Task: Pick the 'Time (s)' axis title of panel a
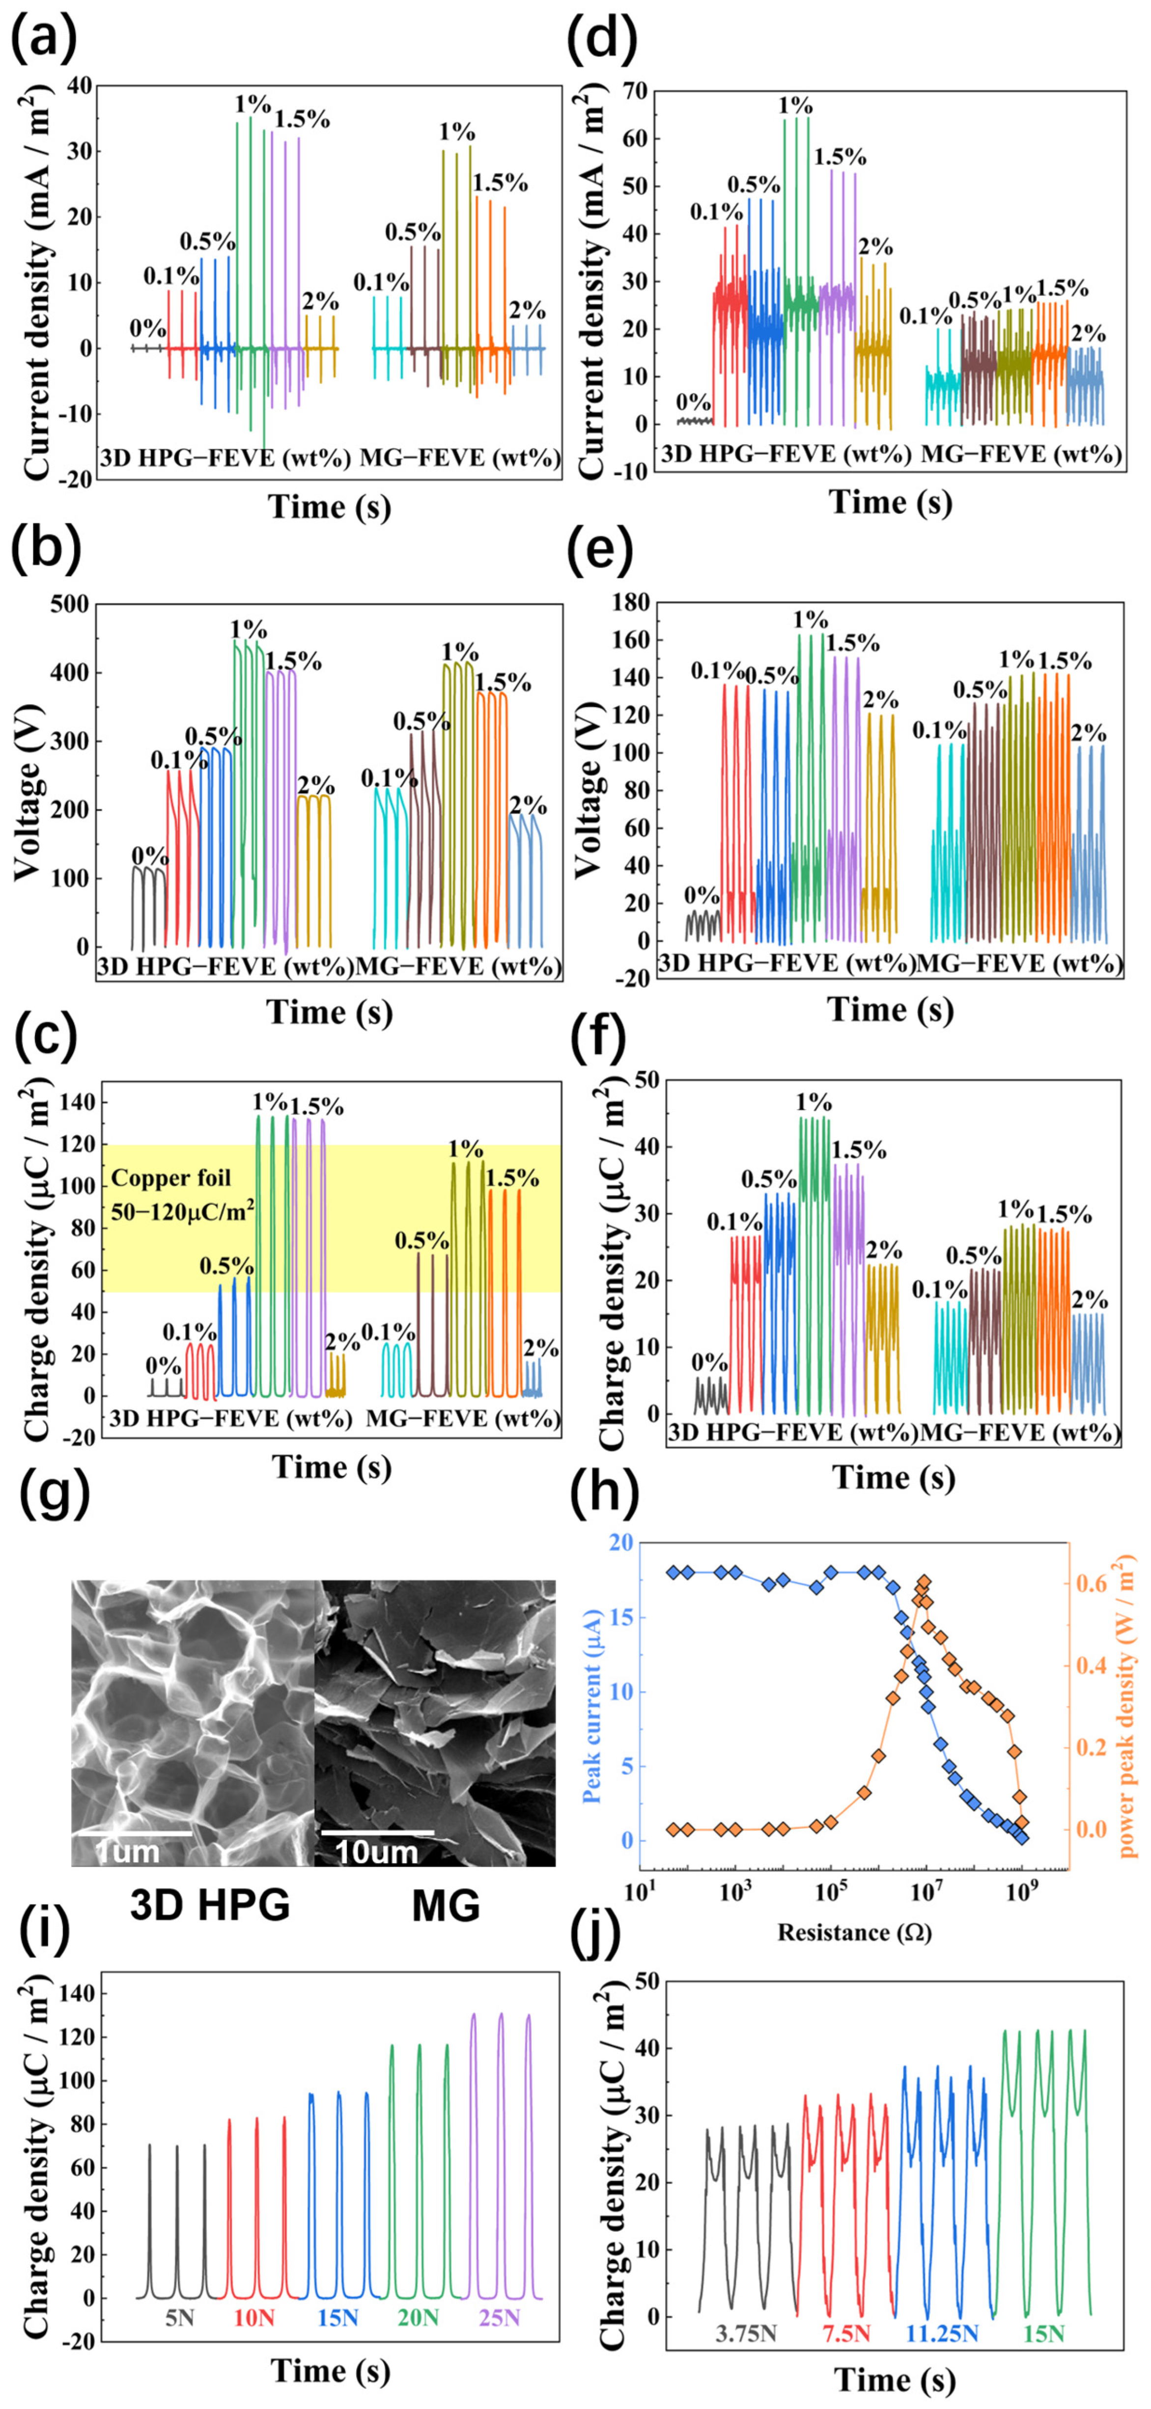pyautogui.click(x=329, y=507)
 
